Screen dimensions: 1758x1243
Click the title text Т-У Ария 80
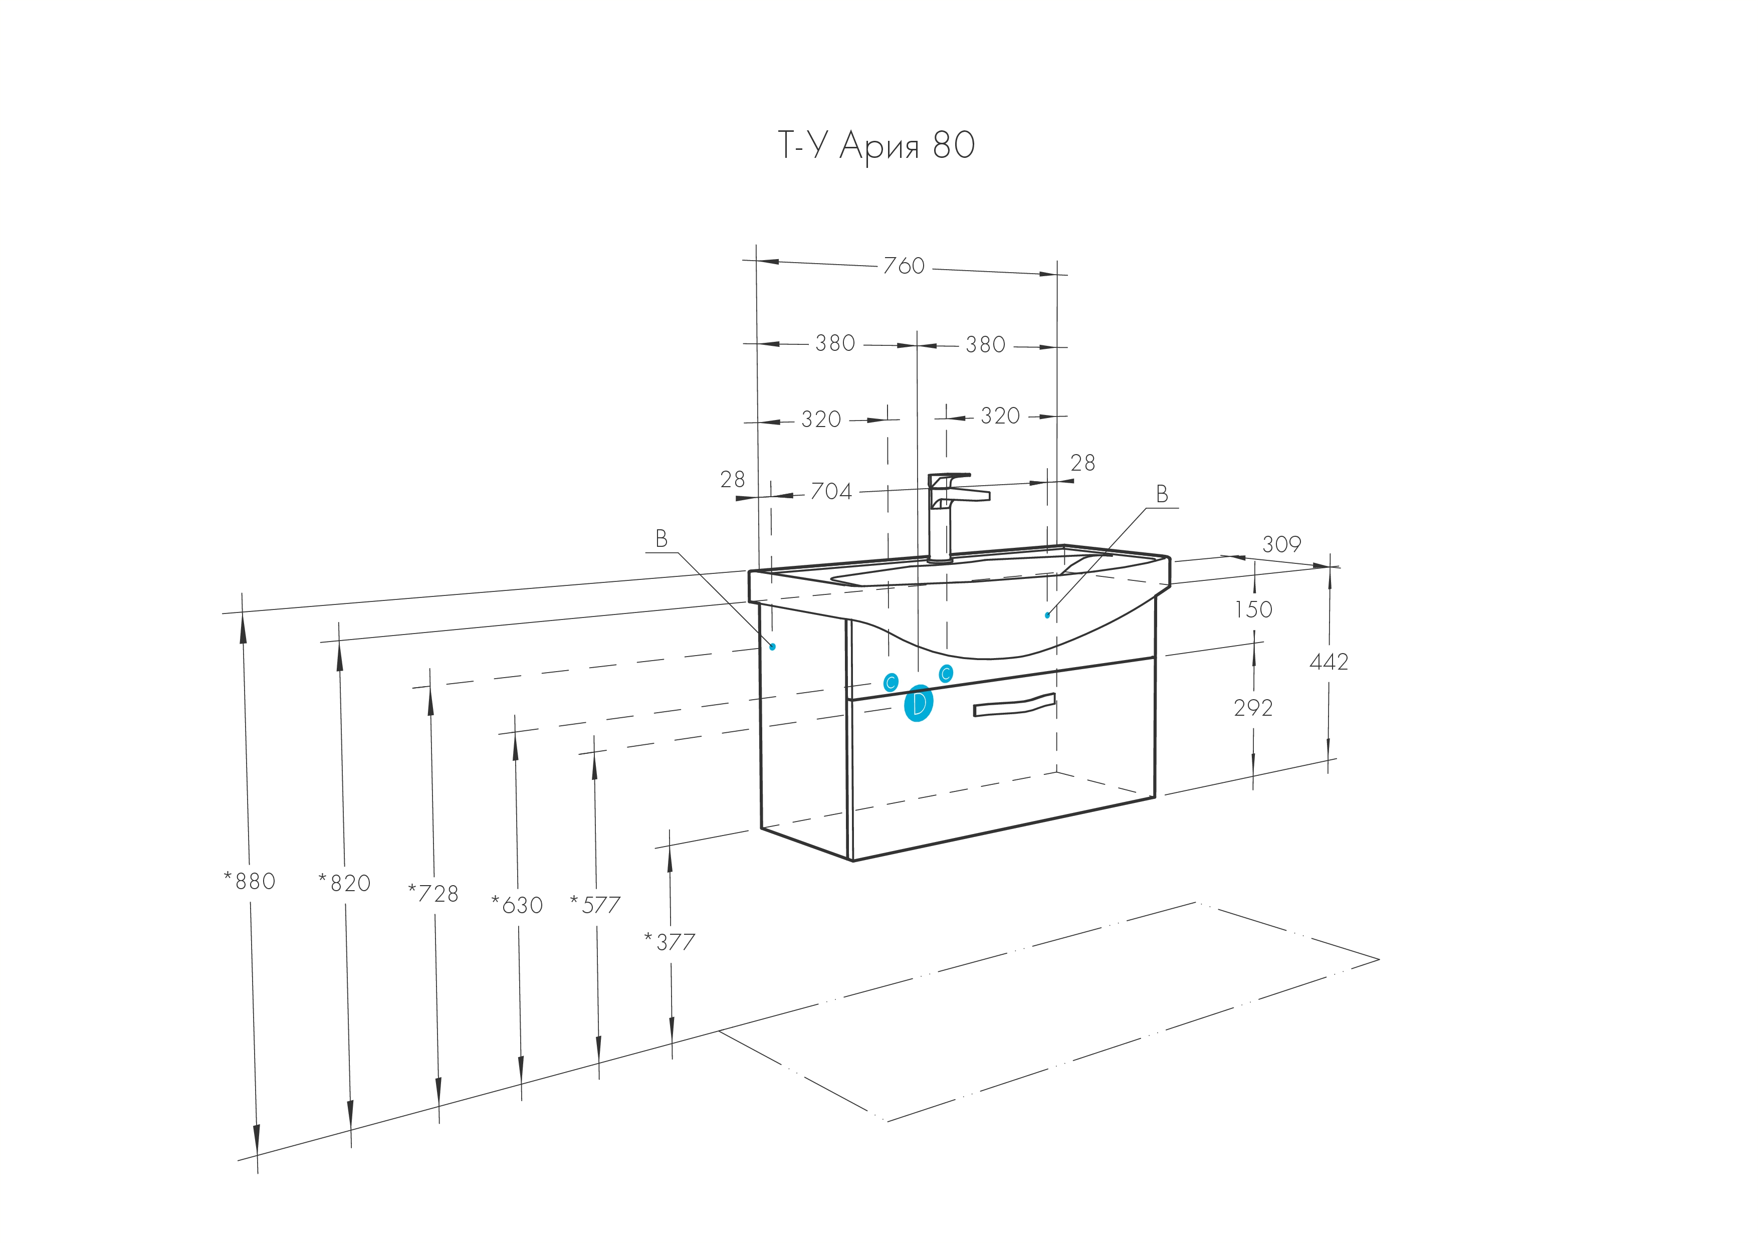(x=876, y=145)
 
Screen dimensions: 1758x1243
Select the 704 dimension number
(x=831, y=491)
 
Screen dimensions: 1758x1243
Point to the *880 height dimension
(x=250, y=882)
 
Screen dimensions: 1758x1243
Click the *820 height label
(x=345, y=884)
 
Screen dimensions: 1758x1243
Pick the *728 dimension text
(x=433, y=894)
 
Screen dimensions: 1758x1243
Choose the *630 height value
(x=517, y=905)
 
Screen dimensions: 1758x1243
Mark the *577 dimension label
(x=595, y=905)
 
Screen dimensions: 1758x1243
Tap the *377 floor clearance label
(x=670, y=942)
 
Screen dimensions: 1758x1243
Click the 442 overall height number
(x=1329, y=662)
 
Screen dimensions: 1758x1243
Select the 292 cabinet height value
(x=1253, y=708)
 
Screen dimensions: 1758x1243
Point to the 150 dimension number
(x=1253, y=609)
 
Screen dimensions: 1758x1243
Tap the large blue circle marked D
(x=919, y=704)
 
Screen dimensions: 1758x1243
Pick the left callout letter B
(x=662, y=539)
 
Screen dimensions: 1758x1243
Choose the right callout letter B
(x=1162, y=495)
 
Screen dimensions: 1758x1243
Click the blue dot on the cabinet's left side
(x=773, y=647)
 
